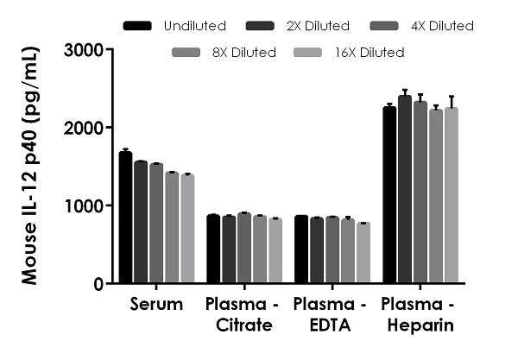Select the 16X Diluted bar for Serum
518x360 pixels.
187,229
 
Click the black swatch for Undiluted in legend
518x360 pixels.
137,26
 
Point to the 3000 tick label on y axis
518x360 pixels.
84,50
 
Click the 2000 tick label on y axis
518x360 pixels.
84,128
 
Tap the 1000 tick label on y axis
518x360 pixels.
84,205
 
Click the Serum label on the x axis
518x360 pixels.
156,304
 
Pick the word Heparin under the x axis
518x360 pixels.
420,325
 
